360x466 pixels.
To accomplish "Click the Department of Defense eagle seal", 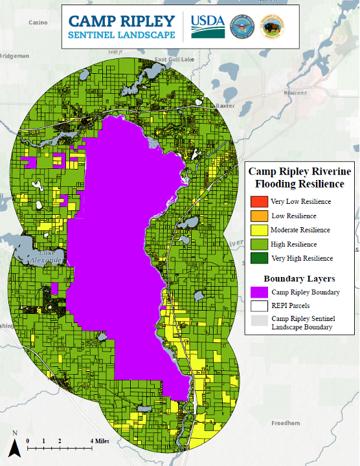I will [242, 26].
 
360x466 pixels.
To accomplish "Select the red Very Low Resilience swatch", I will [258, 201].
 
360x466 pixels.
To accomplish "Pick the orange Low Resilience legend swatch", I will [258, 216].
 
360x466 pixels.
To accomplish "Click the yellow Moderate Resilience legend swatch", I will [258, 230].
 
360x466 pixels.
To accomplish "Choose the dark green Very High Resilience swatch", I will [258, 258].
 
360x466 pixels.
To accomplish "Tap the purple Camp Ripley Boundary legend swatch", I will [258, 292].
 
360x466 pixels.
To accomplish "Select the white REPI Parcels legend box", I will [258, 306].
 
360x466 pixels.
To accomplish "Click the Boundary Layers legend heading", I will [300, 278].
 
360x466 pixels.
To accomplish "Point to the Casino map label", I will [38, 22].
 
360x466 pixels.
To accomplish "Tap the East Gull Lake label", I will [174, 60].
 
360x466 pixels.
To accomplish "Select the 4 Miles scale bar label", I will [100, 441].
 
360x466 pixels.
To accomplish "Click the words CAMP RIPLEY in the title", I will [122, 20].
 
